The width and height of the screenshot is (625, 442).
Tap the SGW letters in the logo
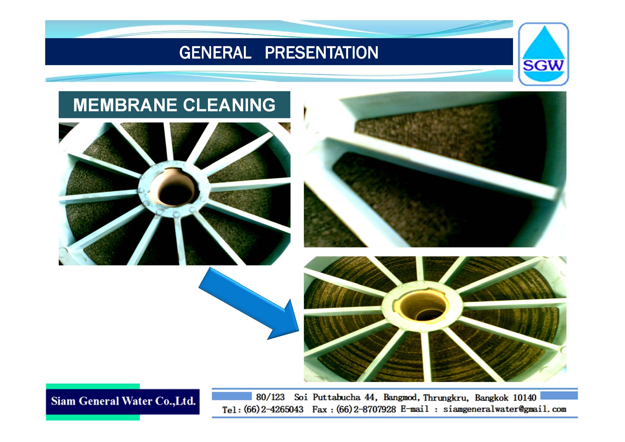543,65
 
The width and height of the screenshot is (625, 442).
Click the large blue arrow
249,303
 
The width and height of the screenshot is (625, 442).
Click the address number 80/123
270,397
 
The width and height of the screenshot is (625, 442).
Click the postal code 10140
524,398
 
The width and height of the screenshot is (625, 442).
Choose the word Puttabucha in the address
336,397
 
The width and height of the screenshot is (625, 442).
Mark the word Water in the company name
136,401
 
